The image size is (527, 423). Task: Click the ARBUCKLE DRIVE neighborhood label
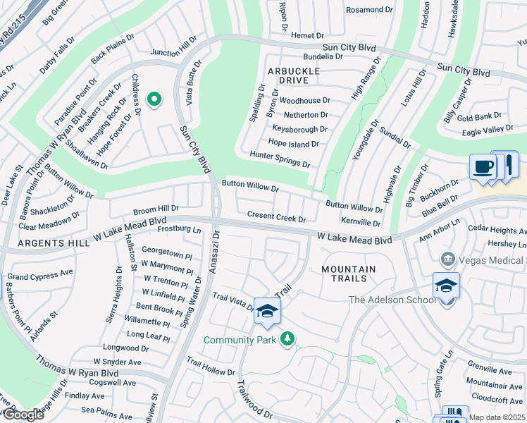click(x=293, y=76)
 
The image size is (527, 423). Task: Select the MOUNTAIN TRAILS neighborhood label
click(x=348, y=274)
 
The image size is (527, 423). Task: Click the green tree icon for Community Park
click(x=287, y=339)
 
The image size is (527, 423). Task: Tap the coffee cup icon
click(x=483, y=168)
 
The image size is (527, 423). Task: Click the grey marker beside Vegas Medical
click(x=447, y=260)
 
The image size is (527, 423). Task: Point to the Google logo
click(x=23, y=415)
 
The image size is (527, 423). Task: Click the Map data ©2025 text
click(x=497, y=417)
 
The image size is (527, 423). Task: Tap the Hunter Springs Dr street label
click(x=280, y=159)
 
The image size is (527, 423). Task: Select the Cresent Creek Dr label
click(x=276, y=216)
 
